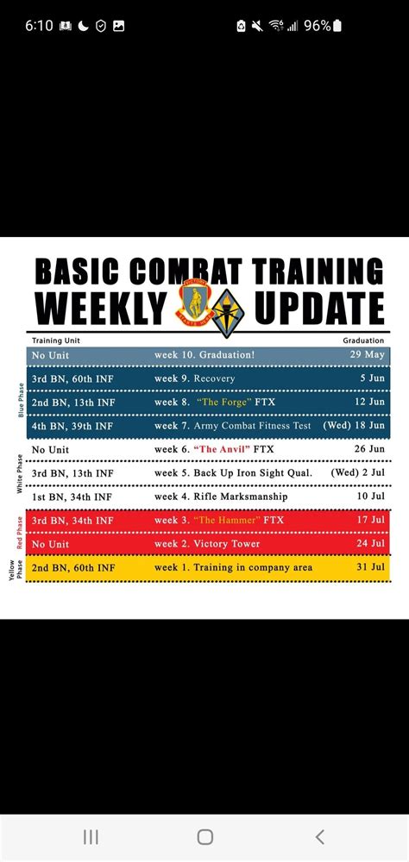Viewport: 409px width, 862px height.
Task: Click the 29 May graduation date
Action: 368,355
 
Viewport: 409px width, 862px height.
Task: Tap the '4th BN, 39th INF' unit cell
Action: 72,426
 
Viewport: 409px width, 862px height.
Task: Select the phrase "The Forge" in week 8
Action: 226,403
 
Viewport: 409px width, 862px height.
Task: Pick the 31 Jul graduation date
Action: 368,568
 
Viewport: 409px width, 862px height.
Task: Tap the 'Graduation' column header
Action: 363,340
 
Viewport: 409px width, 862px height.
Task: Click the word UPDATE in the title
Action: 319,309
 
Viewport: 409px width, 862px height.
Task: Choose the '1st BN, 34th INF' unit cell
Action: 72,497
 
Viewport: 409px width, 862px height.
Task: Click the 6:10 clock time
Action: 39,26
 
